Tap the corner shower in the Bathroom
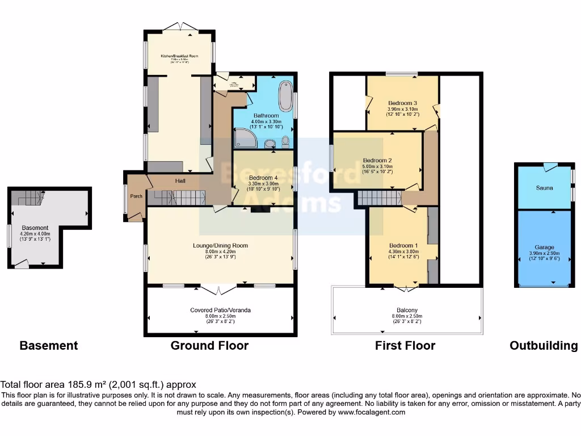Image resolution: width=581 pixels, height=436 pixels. (244, 139)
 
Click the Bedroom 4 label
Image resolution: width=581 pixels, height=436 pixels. (264, 178)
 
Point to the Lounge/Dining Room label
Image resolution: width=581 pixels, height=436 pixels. (220, 245)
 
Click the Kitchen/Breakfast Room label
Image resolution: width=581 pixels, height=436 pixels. (179, 56)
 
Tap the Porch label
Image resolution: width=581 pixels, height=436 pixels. (136, 197)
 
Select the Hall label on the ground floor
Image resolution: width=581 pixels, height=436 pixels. (180, 181)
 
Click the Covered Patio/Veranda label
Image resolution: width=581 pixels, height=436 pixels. (220, 310)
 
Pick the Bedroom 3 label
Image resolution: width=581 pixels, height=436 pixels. (402, 103)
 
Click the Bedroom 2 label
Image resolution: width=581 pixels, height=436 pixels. (377, 160)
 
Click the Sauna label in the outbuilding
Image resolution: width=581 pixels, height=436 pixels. (544, 187)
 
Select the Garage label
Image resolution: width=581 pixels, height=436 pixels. (544, 248)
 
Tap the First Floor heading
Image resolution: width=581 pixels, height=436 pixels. (405, 345)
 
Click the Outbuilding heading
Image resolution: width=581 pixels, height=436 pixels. (544, 345)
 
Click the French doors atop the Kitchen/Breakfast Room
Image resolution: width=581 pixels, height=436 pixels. (179, 26)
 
